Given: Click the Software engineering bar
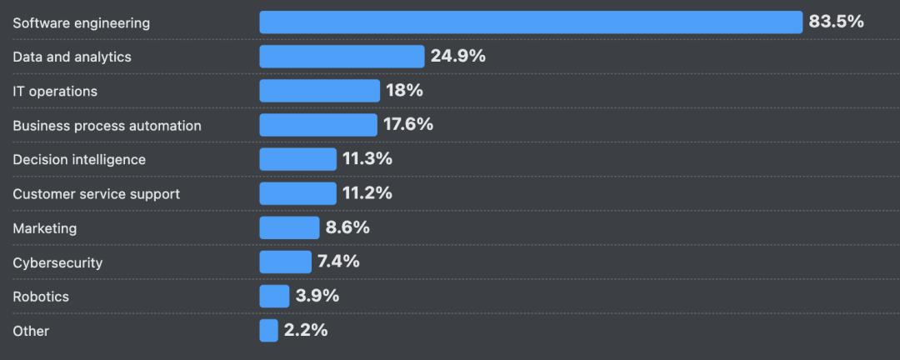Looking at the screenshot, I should coord(531,22).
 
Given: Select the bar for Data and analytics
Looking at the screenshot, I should coord(342,57).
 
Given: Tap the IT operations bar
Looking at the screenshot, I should coord(319,91).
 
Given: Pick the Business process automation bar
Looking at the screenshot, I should coord(318,125).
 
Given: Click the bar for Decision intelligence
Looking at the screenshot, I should coord(297,159).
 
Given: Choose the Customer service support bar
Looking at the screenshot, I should coord(297,193).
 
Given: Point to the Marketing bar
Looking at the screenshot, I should coord(289,227).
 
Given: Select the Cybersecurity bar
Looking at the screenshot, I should coord(285,262).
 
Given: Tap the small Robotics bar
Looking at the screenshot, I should coord(274,296).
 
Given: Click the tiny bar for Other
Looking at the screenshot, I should coord(268,330).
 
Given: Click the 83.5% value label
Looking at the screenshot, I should coord(836,22).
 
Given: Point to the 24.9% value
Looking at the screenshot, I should coord(457,56).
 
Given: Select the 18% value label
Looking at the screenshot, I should coord(404,90).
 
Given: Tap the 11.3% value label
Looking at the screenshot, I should coord(367,158).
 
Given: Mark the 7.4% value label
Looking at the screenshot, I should coord(338,261).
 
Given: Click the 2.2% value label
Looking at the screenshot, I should coord(306,329).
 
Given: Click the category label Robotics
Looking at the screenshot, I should coord(41,297).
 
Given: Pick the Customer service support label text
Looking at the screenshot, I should coord(96,194).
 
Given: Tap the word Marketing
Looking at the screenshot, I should coord(44,228).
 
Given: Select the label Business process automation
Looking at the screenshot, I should coord(107,126).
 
